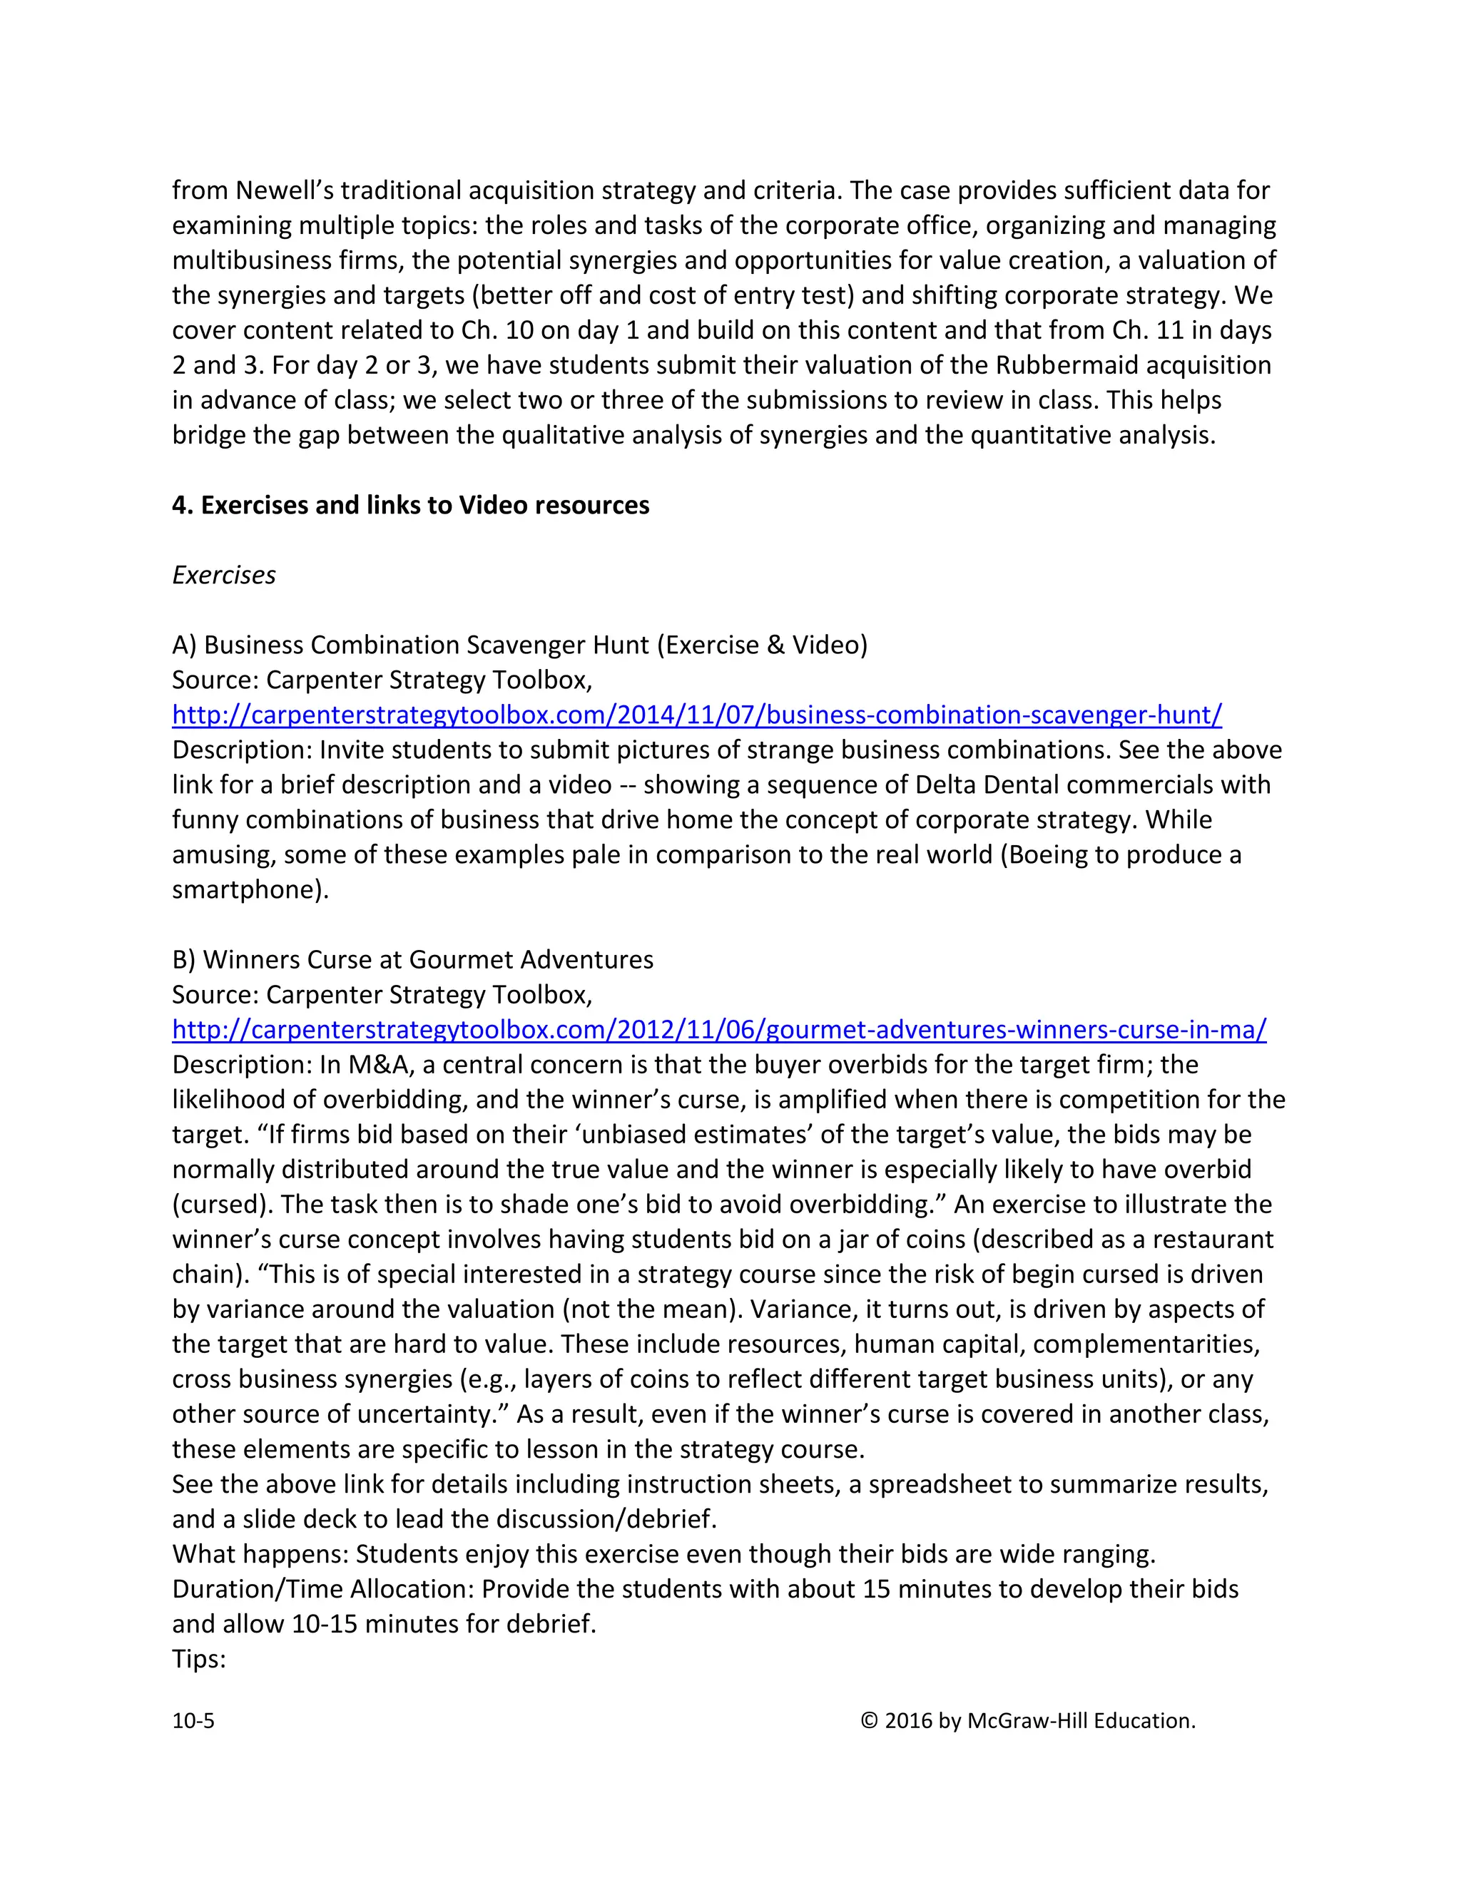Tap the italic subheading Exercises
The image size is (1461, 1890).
(x=223, y=575)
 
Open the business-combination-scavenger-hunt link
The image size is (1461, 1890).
(x=697, y=715)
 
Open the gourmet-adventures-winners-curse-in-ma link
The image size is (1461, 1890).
(x=718, y=1030)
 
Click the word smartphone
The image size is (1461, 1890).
(x=246, y=889)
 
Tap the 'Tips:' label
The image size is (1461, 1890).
(x=199, y=1659)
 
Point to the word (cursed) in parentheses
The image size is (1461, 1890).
(x=223, y=1205)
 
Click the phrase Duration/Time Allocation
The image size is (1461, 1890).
(x=322, y=1589)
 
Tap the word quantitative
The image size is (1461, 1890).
(x=1042, y=434)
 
